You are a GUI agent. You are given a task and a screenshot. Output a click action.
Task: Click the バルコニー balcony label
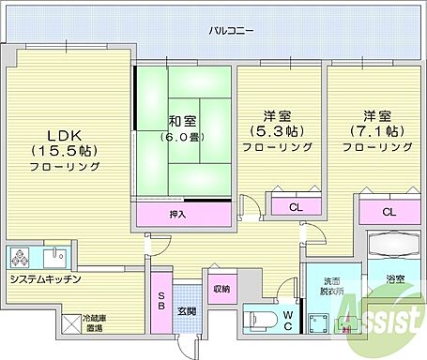[231, 31]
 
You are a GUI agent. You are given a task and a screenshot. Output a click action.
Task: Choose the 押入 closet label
[177, 215]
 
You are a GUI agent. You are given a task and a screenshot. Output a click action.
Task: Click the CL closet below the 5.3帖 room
[296, 207]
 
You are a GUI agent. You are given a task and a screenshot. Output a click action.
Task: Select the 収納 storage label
[221, 289]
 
